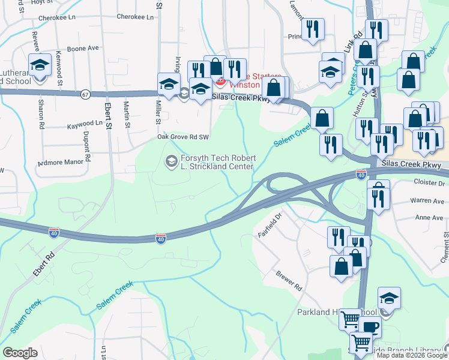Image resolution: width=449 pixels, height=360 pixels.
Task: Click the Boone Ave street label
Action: coord(83,48)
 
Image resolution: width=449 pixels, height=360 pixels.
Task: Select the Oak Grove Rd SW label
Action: coord(182,137)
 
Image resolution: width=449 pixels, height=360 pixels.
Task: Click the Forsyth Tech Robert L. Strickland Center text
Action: coord(218,162)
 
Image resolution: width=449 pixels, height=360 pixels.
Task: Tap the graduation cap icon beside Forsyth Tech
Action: coord(171,161)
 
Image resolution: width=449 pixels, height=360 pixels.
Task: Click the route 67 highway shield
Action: coord(85,94)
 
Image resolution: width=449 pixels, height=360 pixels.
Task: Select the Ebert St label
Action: coord(108,114)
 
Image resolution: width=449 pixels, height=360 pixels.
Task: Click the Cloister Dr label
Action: coord(429,182)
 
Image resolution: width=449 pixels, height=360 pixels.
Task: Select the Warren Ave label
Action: coord(427,201)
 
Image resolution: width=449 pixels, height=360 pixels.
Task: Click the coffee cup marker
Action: coord(371,327)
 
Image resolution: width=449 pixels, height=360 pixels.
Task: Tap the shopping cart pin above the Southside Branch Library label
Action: coord(360,343)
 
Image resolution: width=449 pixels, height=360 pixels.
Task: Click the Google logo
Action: coord(20,353)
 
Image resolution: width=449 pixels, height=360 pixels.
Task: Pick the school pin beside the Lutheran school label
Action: coord(40,65)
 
